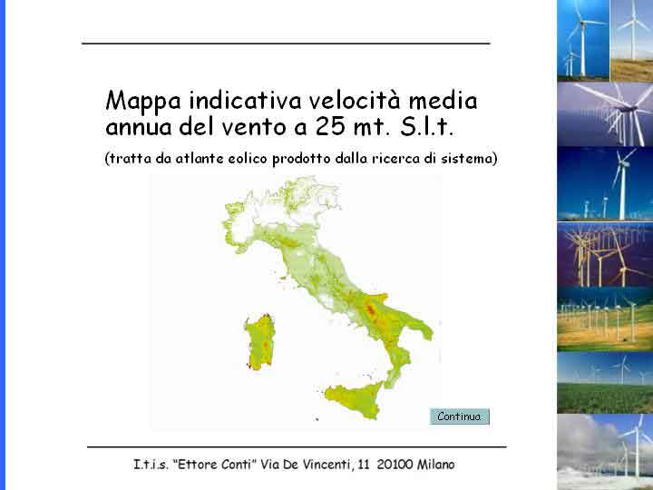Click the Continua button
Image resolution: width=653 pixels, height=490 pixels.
click(459, 416)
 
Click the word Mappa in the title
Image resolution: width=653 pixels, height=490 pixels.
click(143, 103)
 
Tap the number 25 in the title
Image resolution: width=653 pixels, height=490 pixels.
click(330, 127)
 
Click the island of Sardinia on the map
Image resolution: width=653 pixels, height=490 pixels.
click(260, 342)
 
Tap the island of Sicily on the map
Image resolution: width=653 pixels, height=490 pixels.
click(355, 399)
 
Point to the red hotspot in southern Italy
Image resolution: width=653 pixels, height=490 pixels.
click(370, 309)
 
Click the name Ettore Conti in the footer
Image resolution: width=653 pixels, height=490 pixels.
click(214, 465)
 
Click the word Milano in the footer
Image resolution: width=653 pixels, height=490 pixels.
click(436, 465)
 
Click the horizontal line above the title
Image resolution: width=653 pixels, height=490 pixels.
click(286, 44)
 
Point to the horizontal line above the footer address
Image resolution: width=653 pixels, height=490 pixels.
click(297, 447)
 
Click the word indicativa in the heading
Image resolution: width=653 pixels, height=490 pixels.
click(245, 101)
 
